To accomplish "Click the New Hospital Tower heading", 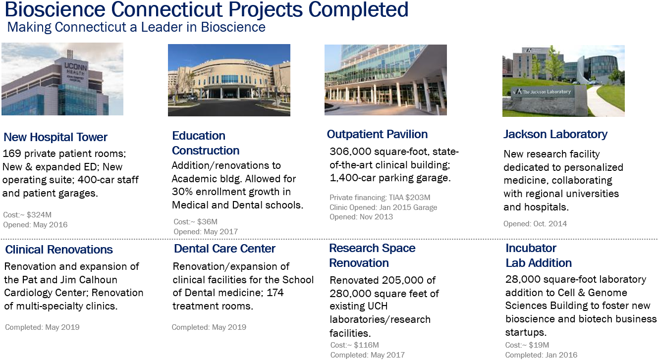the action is pos(55,137).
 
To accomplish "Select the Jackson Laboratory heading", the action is pos(555,134).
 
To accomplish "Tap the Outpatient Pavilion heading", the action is pos(377,134).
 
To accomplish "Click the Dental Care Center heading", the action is pos(224,249).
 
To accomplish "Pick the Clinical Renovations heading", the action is pos(59,250).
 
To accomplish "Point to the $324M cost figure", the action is pos(39,214).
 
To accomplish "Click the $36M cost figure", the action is pos(207,222).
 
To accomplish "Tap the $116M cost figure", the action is pos(366,345).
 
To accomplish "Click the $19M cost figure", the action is pos(539,345).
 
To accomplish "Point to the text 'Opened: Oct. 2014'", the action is pos(535,224).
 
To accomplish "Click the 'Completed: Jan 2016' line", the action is pos(541,355).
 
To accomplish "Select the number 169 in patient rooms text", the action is pos(12,154).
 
